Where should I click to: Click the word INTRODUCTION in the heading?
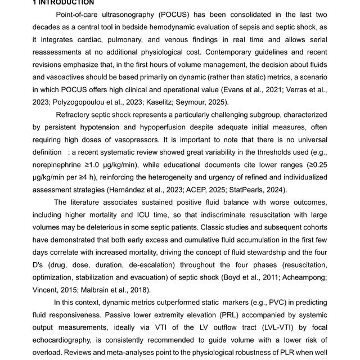(66, 2)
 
